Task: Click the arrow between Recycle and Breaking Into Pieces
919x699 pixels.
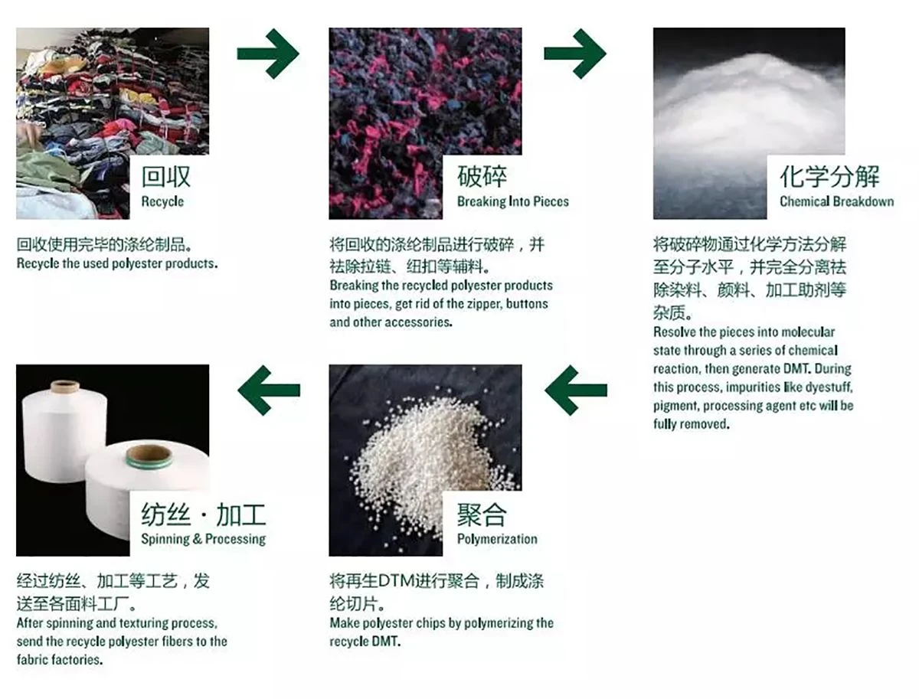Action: pos(268,54)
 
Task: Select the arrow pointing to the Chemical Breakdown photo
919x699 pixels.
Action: pos(575,54)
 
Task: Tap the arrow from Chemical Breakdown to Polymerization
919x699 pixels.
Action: pos(576,390)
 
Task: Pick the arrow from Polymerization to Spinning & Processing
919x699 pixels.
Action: pos(269,390)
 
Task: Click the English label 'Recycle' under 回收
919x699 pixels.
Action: pos(162,202)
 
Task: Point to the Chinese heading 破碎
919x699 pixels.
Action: pos(482,176)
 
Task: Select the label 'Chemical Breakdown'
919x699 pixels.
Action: pos(836,201)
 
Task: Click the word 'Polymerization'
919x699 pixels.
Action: pos(497,539)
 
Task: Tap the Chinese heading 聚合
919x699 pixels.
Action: pos(482,514)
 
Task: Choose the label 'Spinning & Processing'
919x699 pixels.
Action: pos(204,539)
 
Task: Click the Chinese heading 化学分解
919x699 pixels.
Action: pos(829,176)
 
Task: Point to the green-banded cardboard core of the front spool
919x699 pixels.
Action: pos(149,456)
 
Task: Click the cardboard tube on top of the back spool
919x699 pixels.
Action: pos(65,387)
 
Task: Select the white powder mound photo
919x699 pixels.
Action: pos(749,123)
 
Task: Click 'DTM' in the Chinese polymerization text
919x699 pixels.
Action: pos(396,581)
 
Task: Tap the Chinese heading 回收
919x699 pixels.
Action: pos(165,176)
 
